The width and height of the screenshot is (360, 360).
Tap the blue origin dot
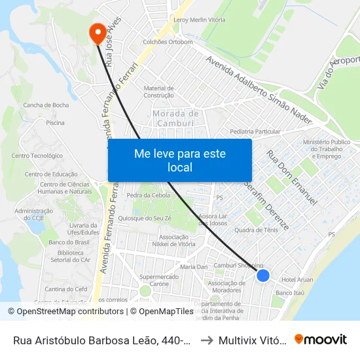pos(263,276)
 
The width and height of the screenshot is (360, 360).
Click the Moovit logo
pos(321,339)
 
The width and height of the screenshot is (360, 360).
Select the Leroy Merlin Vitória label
pos(199,20)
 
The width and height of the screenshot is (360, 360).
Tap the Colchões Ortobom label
pos(168,42)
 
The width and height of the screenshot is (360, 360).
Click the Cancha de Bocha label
pos(46,105)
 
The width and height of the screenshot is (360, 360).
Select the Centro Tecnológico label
pos(37,156)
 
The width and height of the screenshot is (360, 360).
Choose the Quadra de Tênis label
pos(257,230)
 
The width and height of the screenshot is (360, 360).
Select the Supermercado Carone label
pos(158,280)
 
